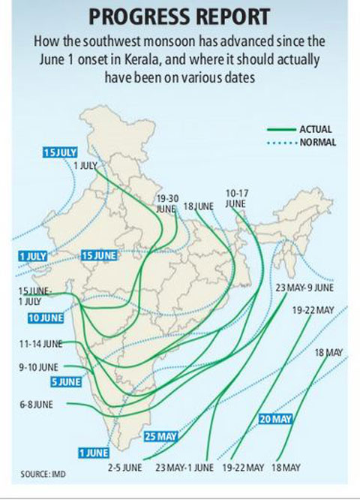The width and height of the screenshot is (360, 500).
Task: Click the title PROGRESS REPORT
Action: click(180, 17)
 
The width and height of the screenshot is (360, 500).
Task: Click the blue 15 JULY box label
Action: click(61, 152)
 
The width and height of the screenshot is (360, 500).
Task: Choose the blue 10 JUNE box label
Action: click(45, 318)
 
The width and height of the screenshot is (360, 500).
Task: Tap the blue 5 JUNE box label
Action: click(66, 381)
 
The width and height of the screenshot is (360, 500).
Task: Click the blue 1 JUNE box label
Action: click(94, 452)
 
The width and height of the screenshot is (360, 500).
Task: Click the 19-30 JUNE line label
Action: click(166, 203)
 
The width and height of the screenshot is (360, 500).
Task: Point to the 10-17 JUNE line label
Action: click(236, 198)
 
